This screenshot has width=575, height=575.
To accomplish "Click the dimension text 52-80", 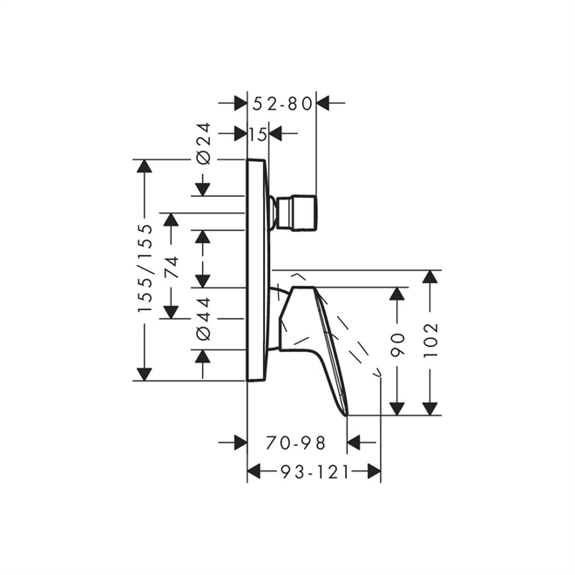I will click(x=282, y=104).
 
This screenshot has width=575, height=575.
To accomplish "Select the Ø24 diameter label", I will click(x=202, y=145).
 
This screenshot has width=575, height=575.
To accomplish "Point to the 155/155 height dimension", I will click(x=145, y=269).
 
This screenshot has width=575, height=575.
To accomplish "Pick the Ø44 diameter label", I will click(x=202, y=318).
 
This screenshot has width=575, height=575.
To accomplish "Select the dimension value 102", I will click(x=430, y=344).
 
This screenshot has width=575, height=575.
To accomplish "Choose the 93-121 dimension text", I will click(x=314, y=472).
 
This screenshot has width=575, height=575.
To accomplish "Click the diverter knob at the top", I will click(x=296, y=213).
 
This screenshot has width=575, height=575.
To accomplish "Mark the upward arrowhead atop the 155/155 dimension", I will click(x=145, y=166).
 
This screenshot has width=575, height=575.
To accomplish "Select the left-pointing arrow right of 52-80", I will click(x=324, y=104).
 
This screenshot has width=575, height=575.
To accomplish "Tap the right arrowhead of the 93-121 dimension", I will click(x=373, y=472).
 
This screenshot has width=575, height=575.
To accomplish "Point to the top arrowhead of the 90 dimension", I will click(x=397, y=294).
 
